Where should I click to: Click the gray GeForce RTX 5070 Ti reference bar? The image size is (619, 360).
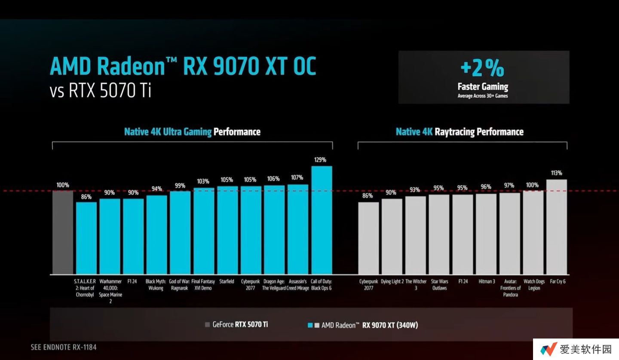[63, 232]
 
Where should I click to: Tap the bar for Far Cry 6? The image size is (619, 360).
[557, 227]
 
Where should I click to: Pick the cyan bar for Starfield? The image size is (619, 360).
[227, 230]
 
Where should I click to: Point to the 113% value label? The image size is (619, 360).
[556, 173]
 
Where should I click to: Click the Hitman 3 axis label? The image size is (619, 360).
[486, 282]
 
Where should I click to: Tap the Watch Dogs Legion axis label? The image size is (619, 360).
[533, 285]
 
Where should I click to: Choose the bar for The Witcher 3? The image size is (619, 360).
[416, 235]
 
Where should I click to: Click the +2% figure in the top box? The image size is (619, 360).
[482, 69]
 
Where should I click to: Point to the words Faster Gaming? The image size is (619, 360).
[483, 87]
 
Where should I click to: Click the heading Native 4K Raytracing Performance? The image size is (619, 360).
[460, 132]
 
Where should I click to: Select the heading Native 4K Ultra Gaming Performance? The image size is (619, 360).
[192, 131]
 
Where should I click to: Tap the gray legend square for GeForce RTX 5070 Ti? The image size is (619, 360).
[208, 325]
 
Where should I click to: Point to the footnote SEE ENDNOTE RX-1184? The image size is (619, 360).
[64, 347]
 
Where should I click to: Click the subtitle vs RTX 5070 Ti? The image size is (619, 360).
[101, 91]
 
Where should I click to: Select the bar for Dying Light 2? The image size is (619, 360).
[392, 237]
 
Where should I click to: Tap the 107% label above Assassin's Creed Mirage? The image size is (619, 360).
[297, 177]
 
